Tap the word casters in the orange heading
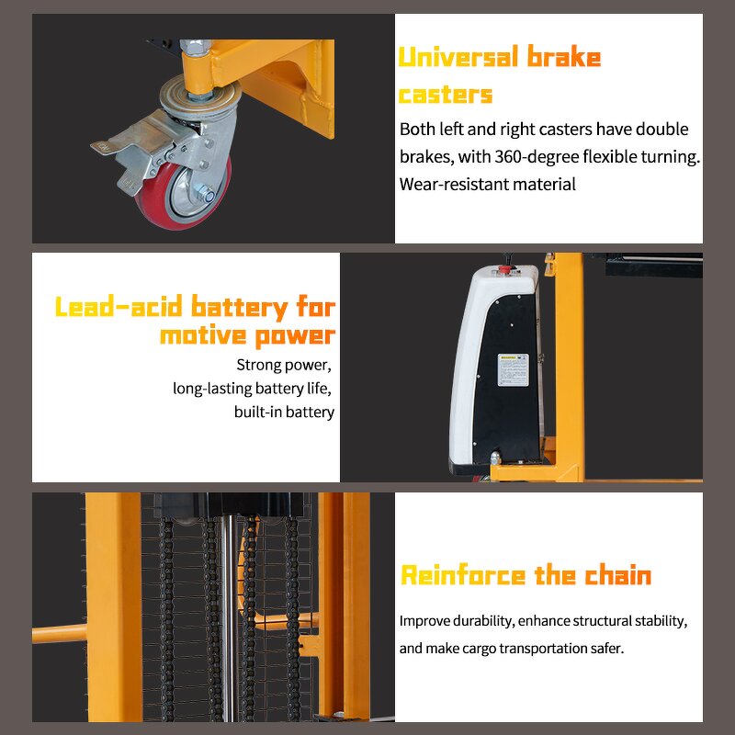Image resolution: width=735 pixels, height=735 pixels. point(446,94)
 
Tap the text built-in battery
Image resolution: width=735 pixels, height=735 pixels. point(284,412)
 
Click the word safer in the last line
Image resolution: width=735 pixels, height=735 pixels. point(605,648)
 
